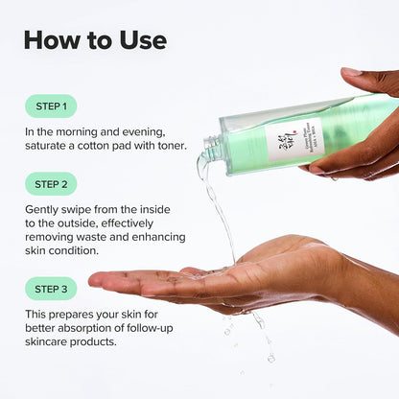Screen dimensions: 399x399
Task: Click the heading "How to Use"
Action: tap(95, 39)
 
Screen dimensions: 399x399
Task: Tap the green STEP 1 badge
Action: tap(51, 106)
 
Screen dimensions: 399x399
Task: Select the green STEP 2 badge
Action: tap(51, 184)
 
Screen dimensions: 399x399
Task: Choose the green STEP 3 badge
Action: tap(51, 288)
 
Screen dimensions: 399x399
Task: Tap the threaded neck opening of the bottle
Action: tap(211, 150)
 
